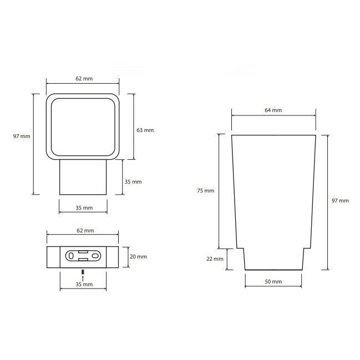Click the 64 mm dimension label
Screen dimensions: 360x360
tap(273, 110)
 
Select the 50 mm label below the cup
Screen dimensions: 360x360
tap(273, 281)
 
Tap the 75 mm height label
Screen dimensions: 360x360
tap(205, 191)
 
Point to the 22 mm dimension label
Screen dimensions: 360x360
tap(215, 258)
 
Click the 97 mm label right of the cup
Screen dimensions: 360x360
tap(340, 201)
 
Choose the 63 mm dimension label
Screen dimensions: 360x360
tap(145, 130)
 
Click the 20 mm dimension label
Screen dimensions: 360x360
tap(138, 256)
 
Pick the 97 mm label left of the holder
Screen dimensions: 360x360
tap(22, 136)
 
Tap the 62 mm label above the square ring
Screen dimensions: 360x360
tap(84, 79)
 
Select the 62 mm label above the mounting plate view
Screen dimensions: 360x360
tap(85, 230)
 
